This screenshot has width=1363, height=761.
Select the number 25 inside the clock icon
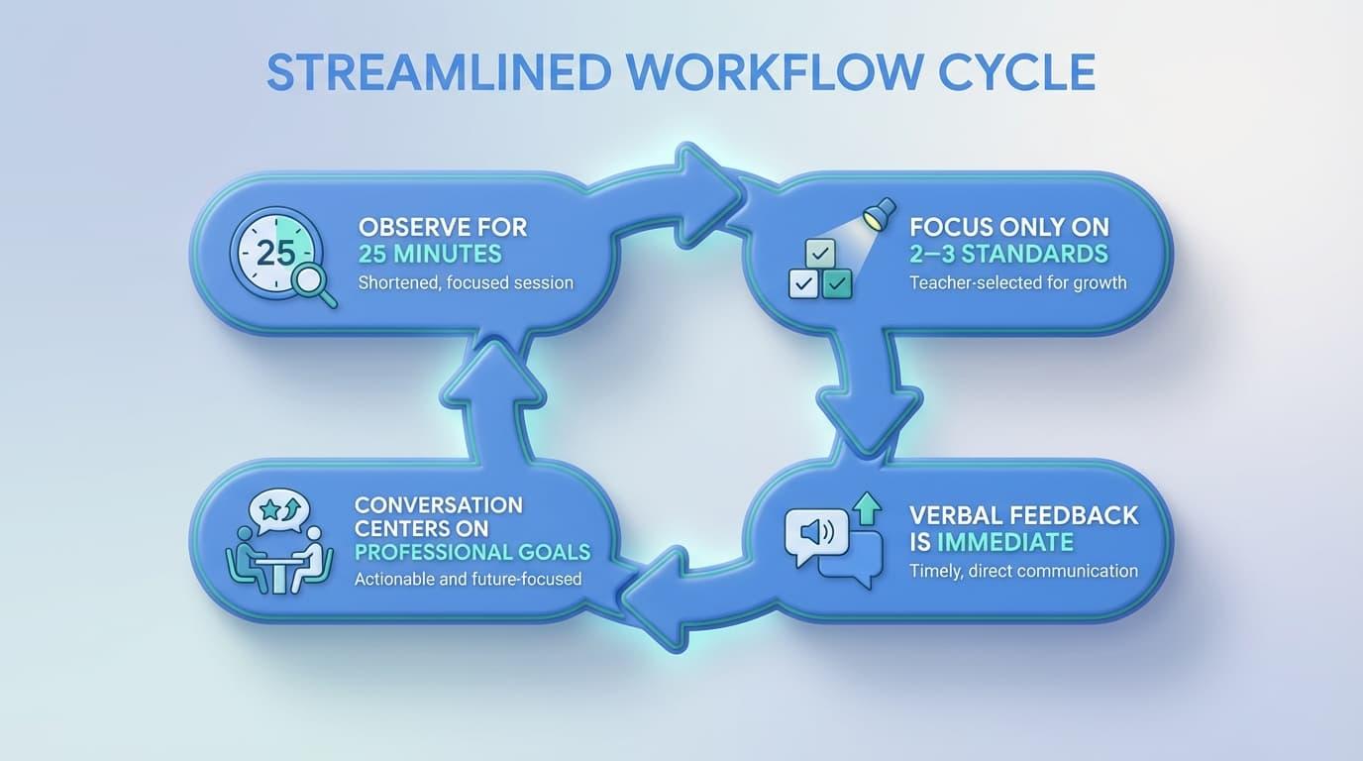click(275, 254)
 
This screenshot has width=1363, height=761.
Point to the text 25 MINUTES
click(430, 254)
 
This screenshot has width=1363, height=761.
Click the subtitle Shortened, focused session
click(466, 282)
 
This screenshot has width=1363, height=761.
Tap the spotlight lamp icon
click(878, 213)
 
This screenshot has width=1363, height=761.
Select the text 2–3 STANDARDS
click(1009, 254)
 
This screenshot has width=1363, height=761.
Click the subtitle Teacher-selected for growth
click(1018, 282)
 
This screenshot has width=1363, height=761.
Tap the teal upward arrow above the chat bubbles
click(867, 508)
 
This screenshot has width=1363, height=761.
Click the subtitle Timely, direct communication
click(1023, 571)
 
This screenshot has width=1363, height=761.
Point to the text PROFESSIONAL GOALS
click(472, 552)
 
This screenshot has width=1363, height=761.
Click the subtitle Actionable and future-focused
click(468, 579)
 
